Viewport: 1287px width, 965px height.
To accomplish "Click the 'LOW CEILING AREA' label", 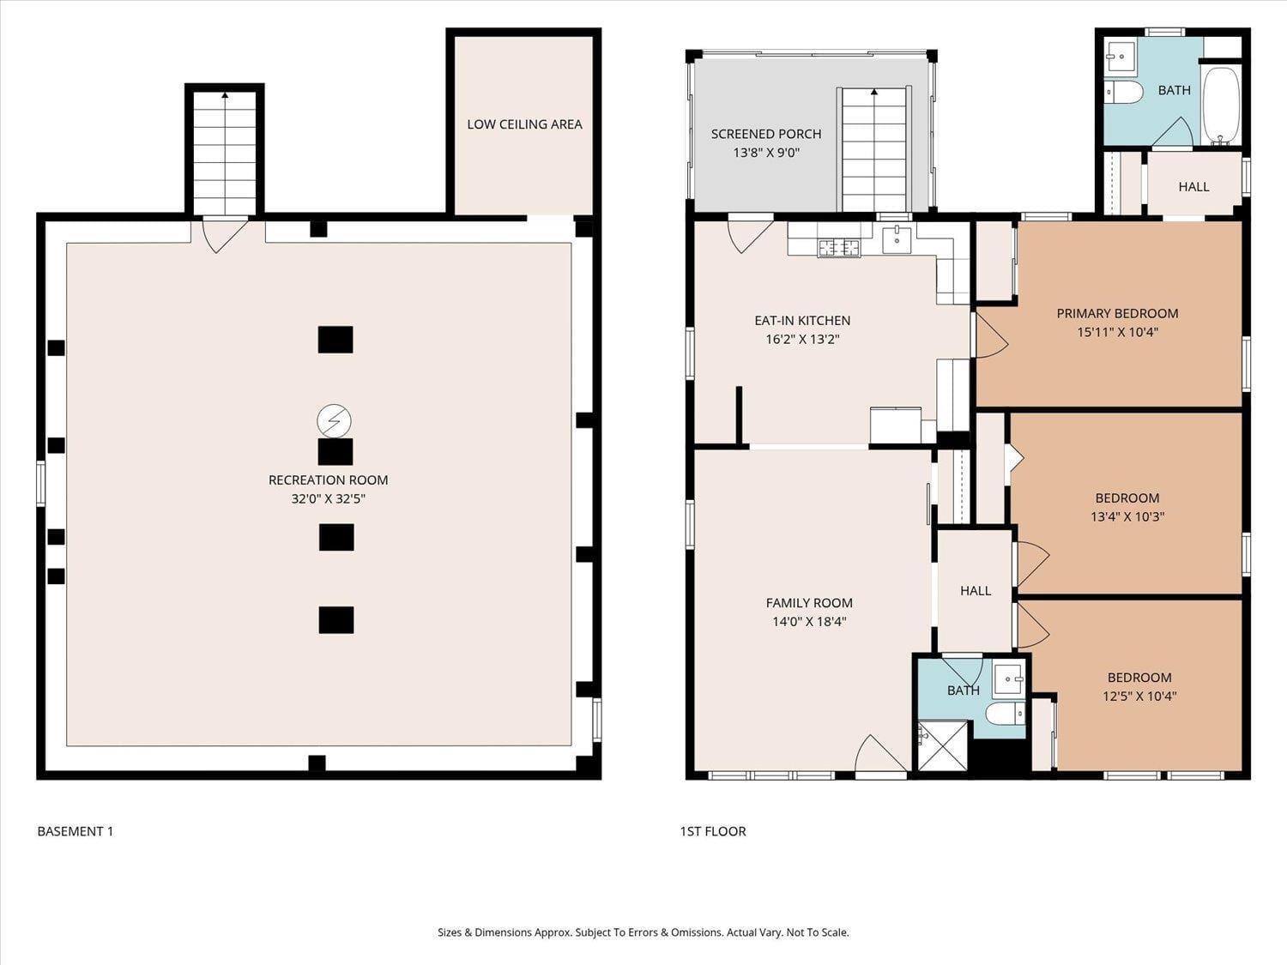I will pyautogui.click(x=524, y=124).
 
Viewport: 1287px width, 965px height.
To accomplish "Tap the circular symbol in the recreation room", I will pyautogui.click(x=334, y=421).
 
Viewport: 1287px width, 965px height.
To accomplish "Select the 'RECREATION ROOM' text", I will pyautogui.click(x=328, y=480).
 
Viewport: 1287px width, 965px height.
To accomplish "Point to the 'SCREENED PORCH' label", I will pyautogui.click(x=765, y=134).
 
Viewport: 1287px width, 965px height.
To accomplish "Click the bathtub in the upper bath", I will pyautogui.click(x=1221, y=106).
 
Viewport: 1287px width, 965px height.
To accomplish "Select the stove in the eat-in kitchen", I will pyautogui.click(x=838, y=247).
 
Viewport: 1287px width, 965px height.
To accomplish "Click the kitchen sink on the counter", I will pyautogui.click(x=897, y=239).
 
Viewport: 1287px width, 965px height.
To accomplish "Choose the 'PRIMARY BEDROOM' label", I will pyautogui.click(x=1117, y=314).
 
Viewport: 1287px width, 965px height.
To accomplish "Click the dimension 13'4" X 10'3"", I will pyautogui.click(x=1127, y=517).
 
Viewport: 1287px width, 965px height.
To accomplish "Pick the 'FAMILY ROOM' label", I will pyautogui.click(x=808, y=603).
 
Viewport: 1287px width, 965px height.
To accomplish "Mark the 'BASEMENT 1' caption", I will pyautogui.click(x=76, y=831).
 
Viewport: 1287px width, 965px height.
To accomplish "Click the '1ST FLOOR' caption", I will pyautogui.click(x=713, y=831).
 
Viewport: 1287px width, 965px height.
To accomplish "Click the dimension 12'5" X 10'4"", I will pyautogui.click(x=1139, y=697).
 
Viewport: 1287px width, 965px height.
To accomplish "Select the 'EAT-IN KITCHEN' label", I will pyautogui.click(x=802, y=321).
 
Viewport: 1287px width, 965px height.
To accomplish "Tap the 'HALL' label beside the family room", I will pyautogui.click(x=975, y=591).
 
